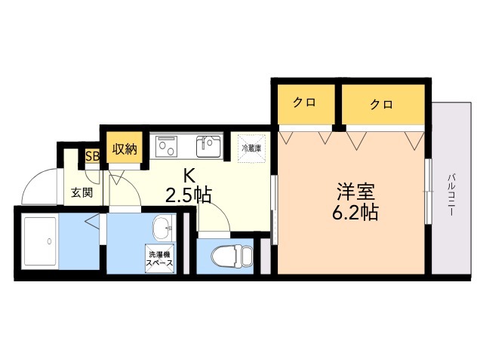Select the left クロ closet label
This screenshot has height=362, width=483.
pyautogui.click(x=304, y=104)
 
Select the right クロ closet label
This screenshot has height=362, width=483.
pyautogui.click(x=381, y=104)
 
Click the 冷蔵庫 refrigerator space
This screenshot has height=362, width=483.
pyautogui.click(x=251, y=148)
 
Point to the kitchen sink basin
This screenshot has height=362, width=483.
pyautogui.click(x=208, y=144)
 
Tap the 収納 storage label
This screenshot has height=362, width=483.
pyautogui.click(x=125, y=149)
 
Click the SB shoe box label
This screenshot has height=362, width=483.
pyautogui.click(x=92, y=157)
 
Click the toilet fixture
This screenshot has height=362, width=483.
pyautogui.click(x=225, y=256)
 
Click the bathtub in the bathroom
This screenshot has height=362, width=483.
pyautogui.click(x=42, y=241)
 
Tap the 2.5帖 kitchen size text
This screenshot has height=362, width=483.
pyautogui.click(x=189, y=196)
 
